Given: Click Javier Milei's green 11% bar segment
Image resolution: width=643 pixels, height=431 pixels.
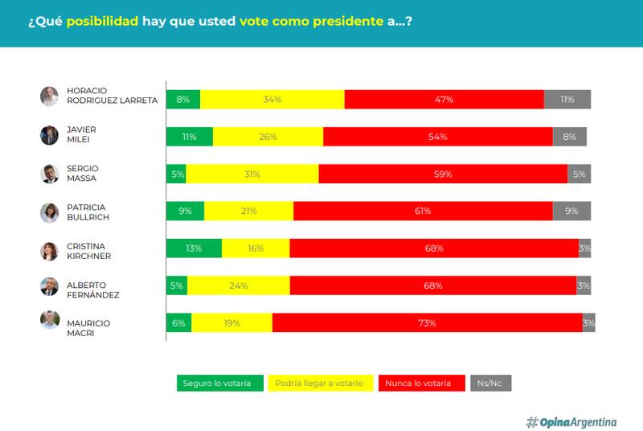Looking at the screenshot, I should click(190, 137).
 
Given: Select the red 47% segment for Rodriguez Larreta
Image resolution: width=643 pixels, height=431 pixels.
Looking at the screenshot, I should click(444, 100).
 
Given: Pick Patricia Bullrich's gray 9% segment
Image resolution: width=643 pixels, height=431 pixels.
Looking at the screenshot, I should click(571, 211).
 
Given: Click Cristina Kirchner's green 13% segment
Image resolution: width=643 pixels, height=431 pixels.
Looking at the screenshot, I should click(194, 248).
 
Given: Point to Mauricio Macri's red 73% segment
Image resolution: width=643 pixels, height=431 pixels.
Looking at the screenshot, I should click(427, 323).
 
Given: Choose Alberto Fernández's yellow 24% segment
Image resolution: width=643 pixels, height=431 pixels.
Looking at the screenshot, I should click(238, 285).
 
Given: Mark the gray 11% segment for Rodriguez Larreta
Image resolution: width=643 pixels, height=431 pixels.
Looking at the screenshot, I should click(567, 100).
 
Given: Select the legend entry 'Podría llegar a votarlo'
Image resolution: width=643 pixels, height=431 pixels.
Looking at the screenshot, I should click(319, 383).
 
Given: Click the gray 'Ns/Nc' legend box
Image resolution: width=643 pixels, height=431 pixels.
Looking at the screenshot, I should click(490, 383).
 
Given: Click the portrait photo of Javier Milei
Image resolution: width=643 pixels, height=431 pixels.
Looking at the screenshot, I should click(50, 135).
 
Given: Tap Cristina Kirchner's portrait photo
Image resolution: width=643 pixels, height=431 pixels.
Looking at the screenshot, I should click(50, 251).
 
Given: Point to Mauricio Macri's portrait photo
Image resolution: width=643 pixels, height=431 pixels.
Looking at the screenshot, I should click(50, 321).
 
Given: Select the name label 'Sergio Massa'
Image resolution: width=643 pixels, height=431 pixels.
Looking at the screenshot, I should click(81, 173).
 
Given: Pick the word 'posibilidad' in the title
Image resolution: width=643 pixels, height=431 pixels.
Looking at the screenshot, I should click(102, 23).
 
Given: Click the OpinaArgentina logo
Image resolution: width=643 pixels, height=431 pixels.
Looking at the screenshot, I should click(571, 421).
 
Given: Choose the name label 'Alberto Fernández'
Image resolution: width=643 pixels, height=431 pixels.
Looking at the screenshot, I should click(92, 289).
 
